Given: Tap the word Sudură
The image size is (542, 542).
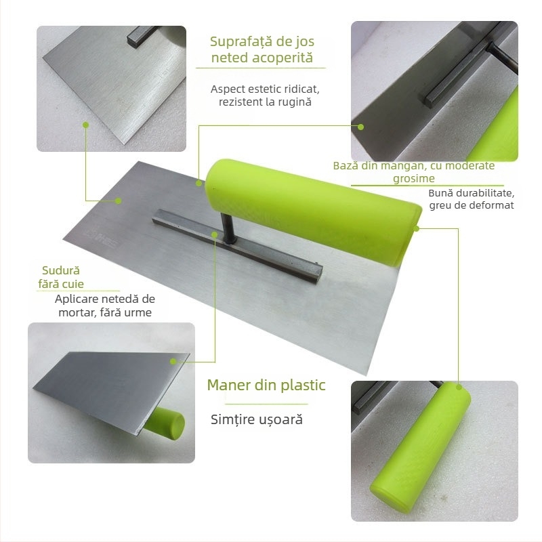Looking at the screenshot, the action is point(61,270).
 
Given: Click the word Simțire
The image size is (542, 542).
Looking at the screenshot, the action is point(231,419).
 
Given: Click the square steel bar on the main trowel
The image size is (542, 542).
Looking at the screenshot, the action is point(238,245).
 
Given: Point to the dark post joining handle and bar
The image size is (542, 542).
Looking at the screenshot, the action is point(227,228).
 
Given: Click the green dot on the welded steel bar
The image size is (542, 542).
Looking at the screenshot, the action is point(214,235).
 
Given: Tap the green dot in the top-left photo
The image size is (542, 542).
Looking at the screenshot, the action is point(86,125).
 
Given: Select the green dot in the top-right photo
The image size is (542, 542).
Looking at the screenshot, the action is point(360,127).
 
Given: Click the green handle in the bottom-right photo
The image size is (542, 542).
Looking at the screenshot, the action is point(421,446).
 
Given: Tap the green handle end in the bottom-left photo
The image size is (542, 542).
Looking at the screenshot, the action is point(165,423).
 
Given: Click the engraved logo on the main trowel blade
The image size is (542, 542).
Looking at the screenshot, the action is point(100,236).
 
